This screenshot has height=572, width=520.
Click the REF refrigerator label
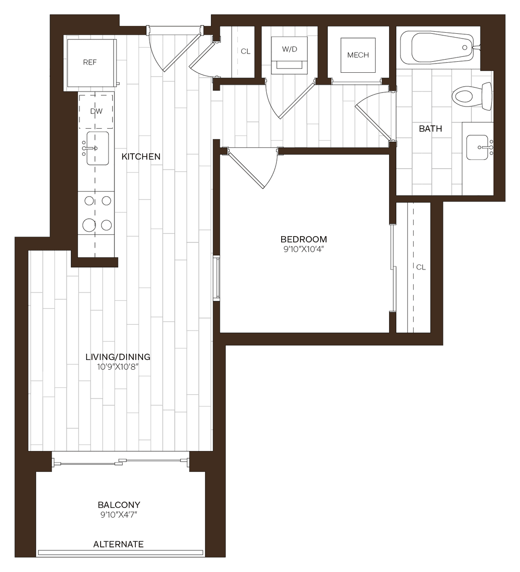[x=90, y=63]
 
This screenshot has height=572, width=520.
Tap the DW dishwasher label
[x=96, y=111]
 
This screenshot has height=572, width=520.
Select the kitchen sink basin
[x=97, y=148]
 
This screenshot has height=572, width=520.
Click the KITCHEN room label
[x=141, y=157]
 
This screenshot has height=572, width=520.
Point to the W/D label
[x=289, y=50]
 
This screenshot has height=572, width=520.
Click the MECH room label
[x=358, y=55]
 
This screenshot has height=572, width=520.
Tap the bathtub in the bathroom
[x=438, y=48]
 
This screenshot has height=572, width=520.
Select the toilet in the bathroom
[x=471, y=96]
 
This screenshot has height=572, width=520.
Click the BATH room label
[x=430, y=129]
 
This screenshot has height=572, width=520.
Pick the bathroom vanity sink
[x=479, y=147]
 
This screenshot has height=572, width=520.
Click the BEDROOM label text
[x=303, y=239]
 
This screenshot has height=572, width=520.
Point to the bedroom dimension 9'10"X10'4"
[x=303, y=250]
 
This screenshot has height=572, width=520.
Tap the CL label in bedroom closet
[x=421, y=267]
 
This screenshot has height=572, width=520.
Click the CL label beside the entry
[x=246, y=52]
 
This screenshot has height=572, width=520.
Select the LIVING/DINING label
[x=118, y=357]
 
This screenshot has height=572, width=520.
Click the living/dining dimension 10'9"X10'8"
[x=118, y=367]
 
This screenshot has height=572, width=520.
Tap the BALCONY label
[x=119, y=505]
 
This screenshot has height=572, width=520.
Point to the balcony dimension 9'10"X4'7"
[x=119, y=515]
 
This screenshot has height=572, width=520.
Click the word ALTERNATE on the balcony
[x=118, y=544]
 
